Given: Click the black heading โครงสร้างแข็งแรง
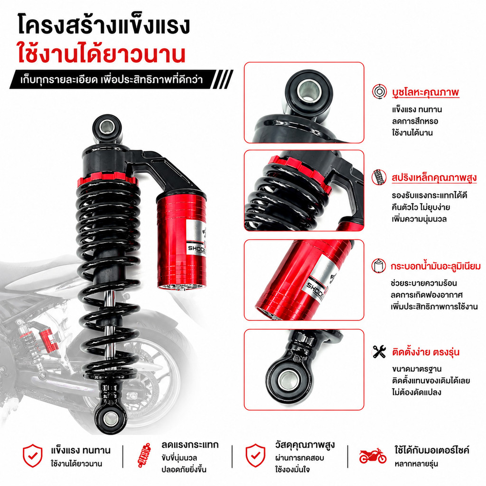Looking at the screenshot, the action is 104,25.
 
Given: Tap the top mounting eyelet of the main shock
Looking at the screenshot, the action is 107,127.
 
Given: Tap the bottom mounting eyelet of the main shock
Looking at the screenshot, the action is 111,419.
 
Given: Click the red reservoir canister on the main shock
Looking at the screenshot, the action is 182,240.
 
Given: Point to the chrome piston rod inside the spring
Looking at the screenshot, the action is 109,310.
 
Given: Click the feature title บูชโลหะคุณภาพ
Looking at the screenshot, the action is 425,92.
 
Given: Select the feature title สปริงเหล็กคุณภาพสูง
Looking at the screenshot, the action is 434,178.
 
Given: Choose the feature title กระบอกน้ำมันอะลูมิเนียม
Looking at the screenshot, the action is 436,266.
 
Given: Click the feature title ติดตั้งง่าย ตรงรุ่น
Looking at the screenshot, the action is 426,352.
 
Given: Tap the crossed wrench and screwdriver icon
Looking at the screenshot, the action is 379,352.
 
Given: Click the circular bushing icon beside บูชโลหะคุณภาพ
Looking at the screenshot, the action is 379,92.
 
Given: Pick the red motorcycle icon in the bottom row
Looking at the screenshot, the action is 373,456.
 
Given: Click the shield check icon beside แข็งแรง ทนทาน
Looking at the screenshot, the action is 33,455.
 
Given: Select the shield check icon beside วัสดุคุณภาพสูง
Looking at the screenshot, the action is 255,455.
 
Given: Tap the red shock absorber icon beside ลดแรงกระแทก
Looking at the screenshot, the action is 144,455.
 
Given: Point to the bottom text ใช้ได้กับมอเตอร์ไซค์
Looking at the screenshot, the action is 432,450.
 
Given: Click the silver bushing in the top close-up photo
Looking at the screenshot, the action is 308,91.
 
